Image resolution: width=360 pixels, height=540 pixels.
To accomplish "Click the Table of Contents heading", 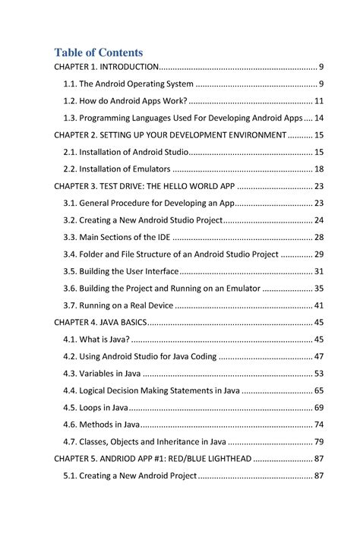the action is [x=98, y=52].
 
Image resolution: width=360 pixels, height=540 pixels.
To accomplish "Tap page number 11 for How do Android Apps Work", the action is [x=319, y=101].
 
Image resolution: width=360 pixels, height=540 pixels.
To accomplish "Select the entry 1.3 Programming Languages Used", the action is [x=182, y=118].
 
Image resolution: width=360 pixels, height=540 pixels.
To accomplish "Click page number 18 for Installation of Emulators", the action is [x=319, y=169].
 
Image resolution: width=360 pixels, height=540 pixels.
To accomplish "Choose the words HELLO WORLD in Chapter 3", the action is [x=187, y=186].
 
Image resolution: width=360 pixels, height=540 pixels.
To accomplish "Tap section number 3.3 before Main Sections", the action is [x=71, y=237].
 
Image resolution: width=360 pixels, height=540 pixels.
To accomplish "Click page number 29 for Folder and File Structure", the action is [x=319, y=254].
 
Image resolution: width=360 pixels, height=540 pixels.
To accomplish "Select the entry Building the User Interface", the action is [x=122, y=271].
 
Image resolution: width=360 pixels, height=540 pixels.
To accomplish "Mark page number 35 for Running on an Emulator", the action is [x=319, y=288].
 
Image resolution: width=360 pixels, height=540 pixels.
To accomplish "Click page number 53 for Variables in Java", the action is [x=319, y=373].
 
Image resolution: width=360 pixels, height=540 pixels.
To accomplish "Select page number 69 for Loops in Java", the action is [x=319, y=407].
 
